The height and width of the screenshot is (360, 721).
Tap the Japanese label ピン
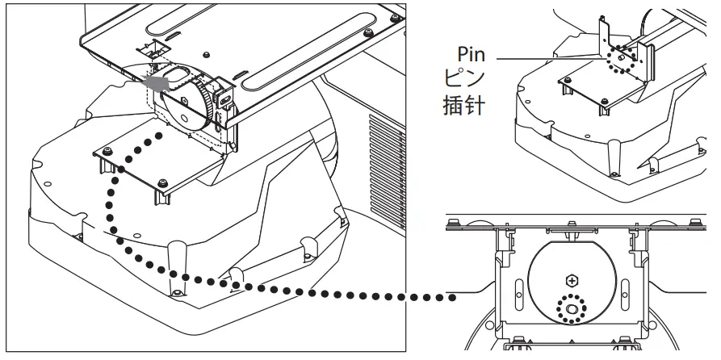pyautogui.click(x=466, y=81)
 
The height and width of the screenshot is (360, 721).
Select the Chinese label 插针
pyautogui.click(x=466, y=106)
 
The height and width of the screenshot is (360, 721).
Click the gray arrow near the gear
pyautogui.click(x=153, y=81)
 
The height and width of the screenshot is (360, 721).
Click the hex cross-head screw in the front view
pyautogui.click(x=573, y=281)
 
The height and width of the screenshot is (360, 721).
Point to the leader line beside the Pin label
pyautogui.click(x=549, y=58)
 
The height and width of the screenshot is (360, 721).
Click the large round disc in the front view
pyautogui.click(x=573, y=283)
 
